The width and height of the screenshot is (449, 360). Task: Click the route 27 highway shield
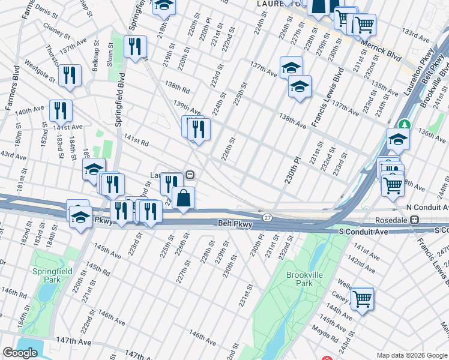[267, 217]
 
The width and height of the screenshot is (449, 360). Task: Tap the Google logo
[20, 353]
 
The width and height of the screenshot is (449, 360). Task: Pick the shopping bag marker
[183, 198]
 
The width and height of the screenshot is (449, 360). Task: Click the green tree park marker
[406, 125]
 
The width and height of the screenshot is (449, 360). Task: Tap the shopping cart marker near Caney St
[362, 298]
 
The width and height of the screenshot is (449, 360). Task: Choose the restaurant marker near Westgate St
[70, 75]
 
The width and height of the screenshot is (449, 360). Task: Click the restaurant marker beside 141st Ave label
[61, 110]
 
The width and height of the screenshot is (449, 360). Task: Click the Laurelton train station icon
[190, 175]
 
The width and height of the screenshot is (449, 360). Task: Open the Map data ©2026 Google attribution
[411, 355]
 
